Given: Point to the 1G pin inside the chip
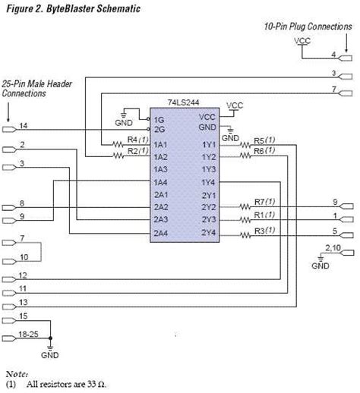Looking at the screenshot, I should pyautogui.click(x=158, y=120).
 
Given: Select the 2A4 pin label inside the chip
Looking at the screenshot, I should pyautogui.click(x=160, y=232).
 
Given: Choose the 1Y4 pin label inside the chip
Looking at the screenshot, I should pyautogui.click(x=210, y=181).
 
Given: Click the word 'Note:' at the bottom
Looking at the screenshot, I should pyautogui.click(x=17, y=373).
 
